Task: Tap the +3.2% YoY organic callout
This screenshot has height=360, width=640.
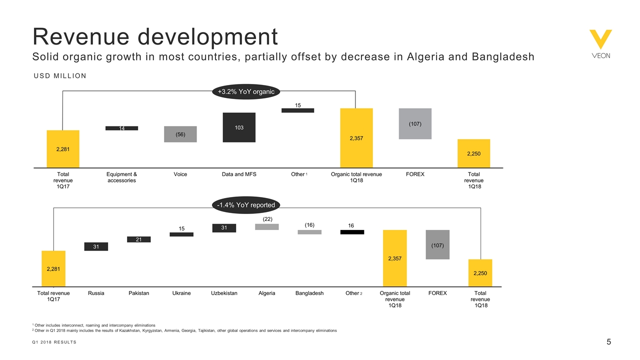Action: point(246,91)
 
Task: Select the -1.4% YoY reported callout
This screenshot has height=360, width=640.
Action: point(246,205)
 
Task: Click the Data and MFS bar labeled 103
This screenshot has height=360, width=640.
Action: point(239,127)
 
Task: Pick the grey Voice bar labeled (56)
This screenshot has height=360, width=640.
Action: point(180,134)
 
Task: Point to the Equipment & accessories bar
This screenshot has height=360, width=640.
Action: point(121,128)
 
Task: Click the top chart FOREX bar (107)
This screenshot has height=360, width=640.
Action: point(415,123)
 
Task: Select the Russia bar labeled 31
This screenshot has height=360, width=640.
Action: point(96,246)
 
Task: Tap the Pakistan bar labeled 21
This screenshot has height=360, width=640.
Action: point(138,239)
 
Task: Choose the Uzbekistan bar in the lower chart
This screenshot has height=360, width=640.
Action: point(224,228)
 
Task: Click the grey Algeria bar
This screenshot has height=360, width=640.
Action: point(266,227)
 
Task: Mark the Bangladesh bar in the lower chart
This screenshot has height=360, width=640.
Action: point(309,232)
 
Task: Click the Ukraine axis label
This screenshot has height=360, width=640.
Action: point(181,293)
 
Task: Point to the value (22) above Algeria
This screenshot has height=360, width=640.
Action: point(267,219)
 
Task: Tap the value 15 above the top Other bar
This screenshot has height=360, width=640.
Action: point(297,105)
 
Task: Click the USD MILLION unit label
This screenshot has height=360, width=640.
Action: point(60,75)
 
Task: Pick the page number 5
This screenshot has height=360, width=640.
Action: point(608,342)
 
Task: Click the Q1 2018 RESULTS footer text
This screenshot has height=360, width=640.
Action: point(54,342)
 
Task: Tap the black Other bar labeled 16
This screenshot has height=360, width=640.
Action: point(352,232)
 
